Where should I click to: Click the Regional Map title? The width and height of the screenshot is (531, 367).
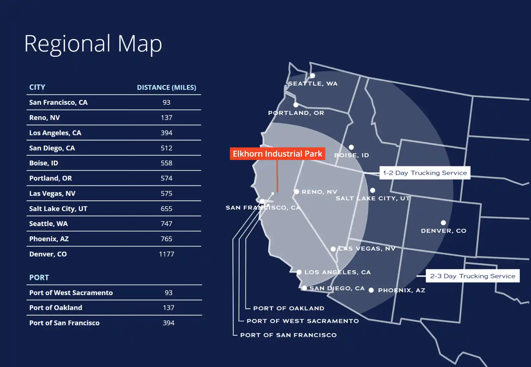(93, 44)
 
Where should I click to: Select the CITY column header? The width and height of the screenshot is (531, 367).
(37, 87)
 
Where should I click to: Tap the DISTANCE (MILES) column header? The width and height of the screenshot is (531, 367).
(166, 87)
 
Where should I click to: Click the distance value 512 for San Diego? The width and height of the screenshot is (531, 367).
(166, 148)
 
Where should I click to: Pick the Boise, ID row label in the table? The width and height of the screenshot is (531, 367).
(44, 163)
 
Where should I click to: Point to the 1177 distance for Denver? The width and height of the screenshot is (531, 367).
(166, 254)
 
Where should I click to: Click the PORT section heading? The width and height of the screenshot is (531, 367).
(39, 278)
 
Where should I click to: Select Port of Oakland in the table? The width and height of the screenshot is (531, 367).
(55, 308)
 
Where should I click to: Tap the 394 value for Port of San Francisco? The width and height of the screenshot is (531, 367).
(168, 323)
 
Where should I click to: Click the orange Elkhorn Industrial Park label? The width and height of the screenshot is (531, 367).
(277, 154)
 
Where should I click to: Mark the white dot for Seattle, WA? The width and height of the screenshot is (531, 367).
(312, 76)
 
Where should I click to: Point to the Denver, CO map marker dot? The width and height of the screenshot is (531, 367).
(443, 223)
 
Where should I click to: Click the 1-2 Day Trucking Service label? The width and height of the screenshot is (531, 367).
(425, 173)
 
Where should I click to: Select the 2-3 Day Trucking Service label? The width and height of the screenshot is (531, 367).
(472, 276)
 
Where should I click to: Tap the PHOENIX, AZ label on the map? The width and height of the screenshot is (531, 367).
(401, 290)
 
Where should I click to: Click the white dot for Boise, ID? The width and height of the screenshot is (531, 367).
(351, 147)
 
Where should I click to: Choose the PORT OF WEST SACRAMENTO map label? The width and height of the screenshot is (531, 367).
(302, 321)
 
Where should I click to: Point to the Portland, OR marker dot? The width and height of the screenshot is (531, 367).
(296, 105)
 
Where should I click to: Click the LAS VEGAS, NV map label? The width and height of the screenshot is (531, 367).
(367, 249)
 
